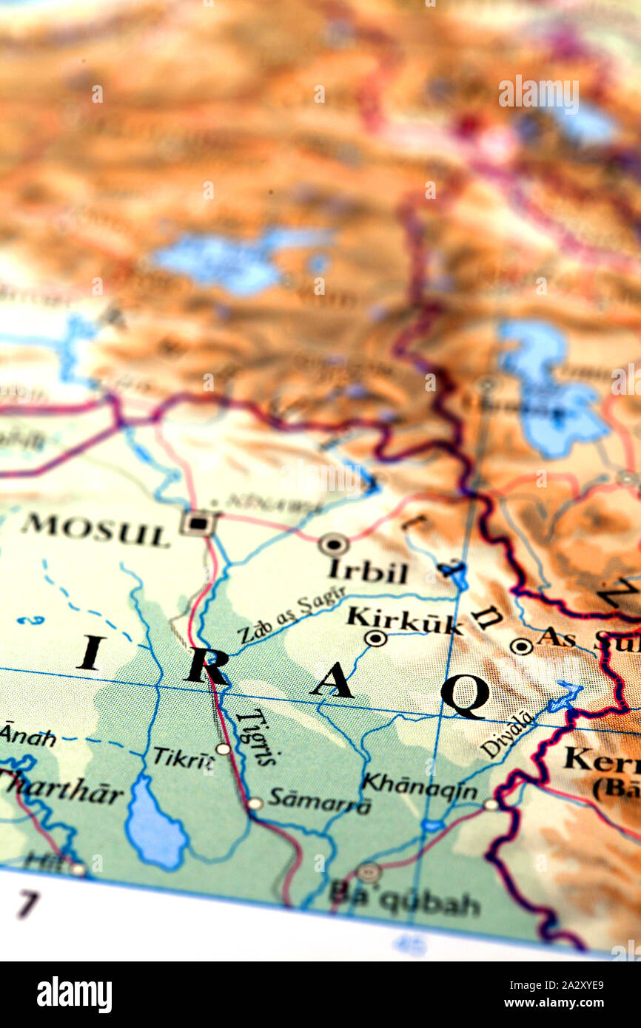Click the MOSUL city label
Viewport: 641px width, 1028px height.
(95, 530)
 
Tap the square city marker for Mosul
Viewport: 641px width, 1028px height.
(198, 523)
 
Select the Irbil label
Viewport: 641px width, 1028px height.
(368, 571)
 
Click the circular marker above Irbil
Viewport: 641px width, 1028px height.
(334, 545)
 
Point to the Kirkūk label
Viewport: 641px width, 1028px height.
(404, 620)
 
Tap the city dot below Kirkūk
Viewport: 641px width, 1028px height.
(375, 638)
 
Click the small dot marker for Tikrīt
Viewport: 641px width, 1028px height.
(223, 749)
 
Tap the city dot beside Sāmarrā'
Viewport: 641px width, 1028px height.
(255, 803)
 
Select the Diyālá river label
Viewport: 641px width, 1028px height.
(507, 734)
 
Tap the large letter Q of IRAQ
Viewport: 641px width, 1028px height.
(464, 694)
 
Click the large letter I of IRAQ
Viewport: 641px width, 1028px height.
(90, 652)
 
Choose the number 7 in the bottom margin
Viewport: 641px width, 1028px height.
(27, 904)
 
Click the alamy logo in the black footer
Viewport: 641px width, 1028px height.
(74, 995)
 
